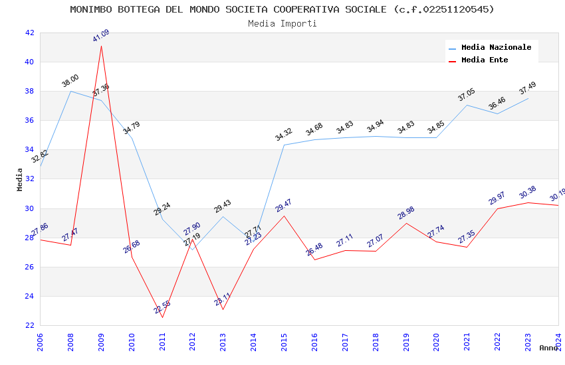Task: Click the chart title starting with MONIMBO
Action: click(282, 9)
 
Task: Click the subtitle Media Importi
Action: click(282, 23)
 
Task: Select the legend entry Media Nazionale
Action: click(496, 47)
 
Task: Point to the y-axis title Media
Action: click(20, 179)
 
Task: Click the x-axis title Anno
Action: click(548, 348)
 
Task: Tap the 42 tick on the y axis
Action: click(29, 33)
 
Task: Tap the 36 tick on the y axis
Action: click(29, 120)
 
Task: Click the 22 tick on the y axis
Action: click(29, 325)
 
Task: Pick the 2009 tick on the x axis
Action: click(101, 342)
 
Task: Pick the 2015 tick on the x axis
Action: click(284, 342)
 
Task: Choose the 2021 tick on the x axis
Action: click(467, 342)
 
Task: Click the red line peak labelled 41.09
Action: click(101, 45)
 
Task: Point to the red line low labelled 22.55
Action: click(162, 317)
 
